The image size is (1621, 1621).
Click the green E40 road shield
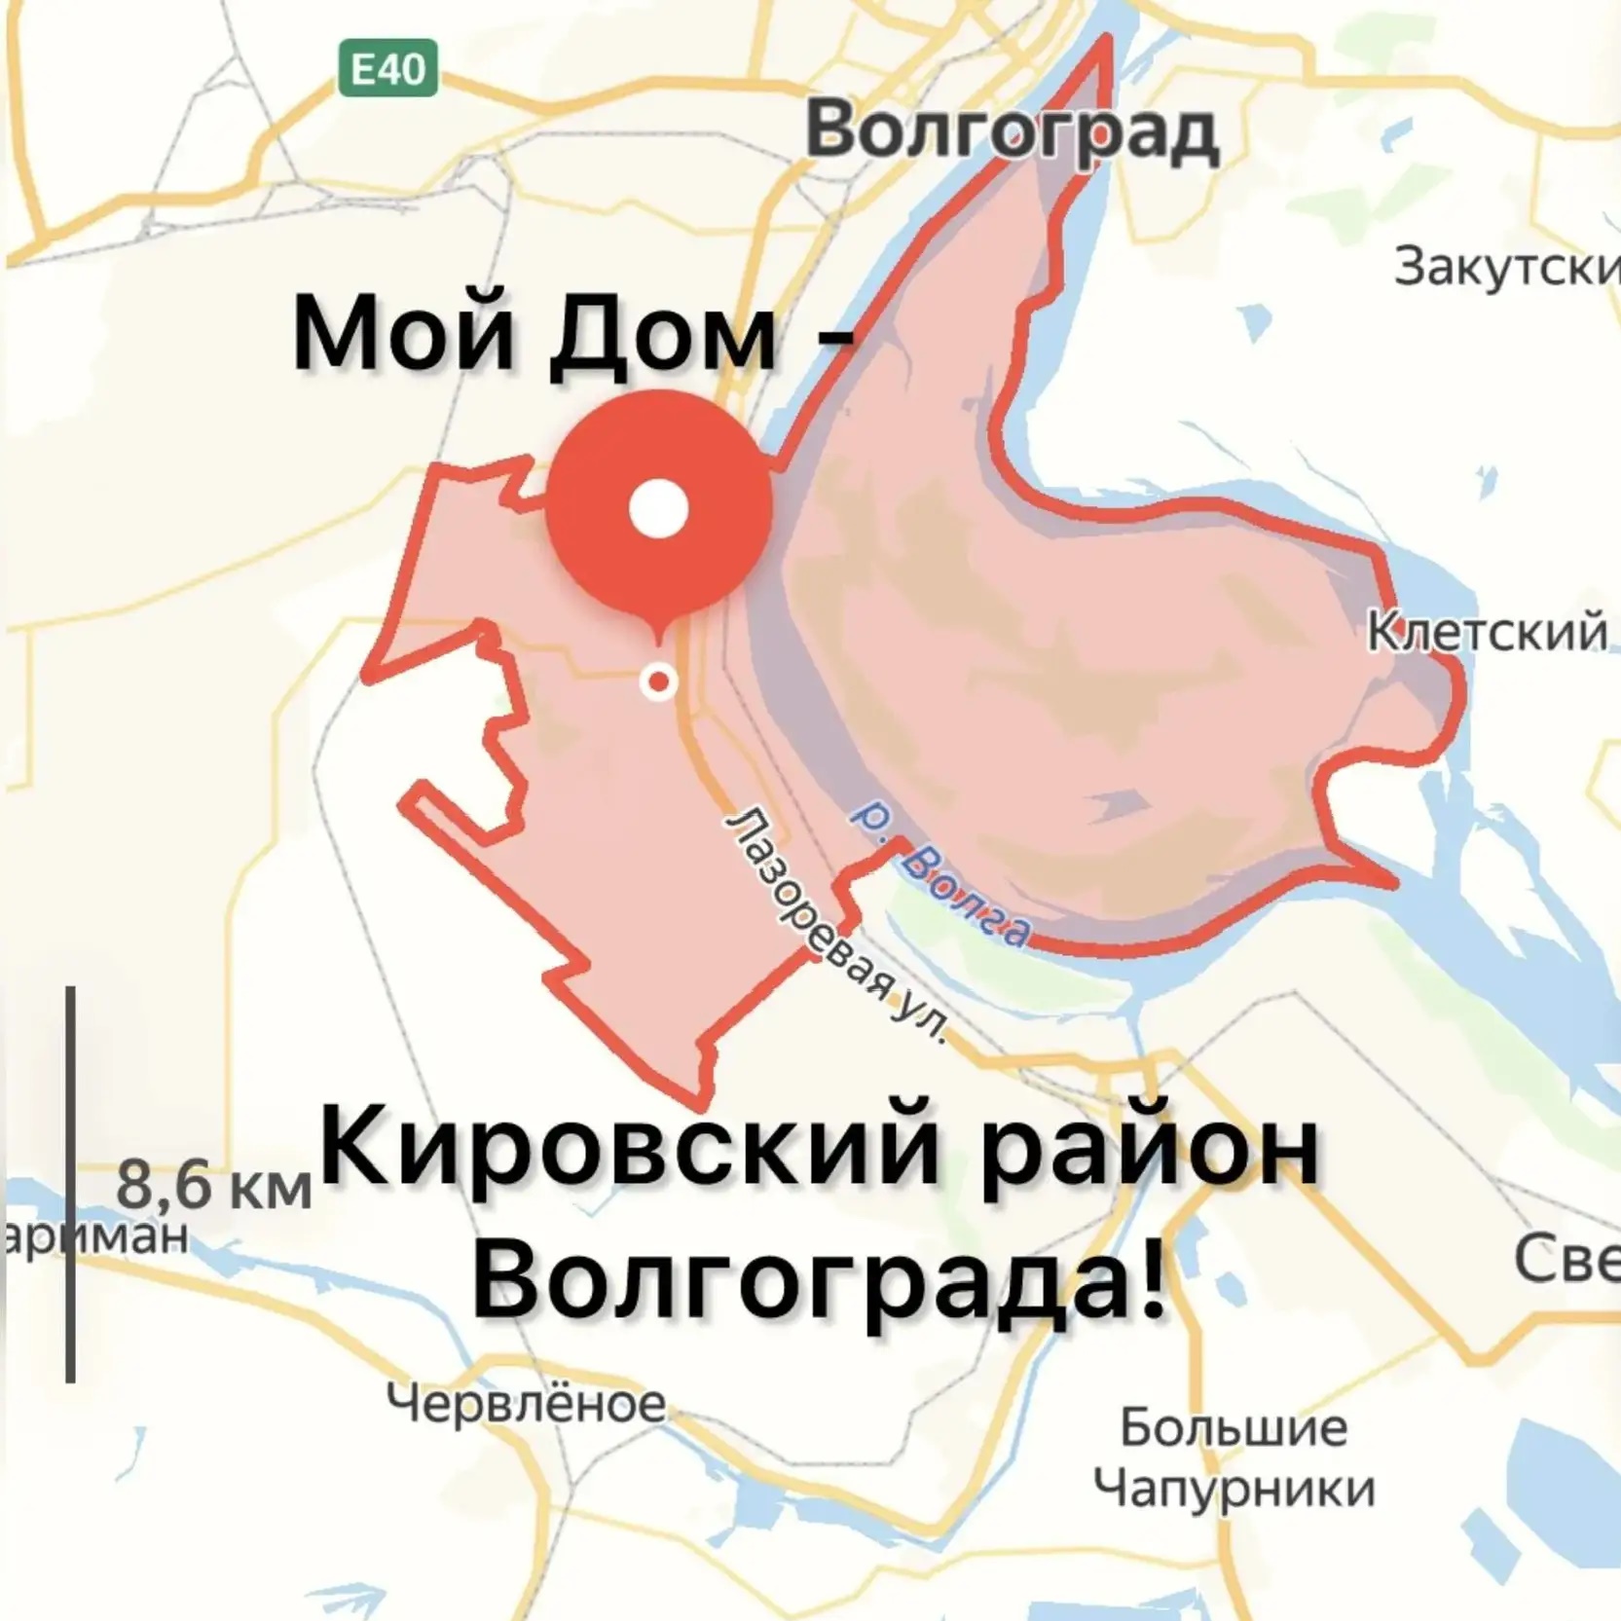[387, 68]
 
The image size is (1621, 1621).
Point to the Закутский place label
[1505, 267]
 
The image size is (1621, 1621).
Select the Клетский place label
[1487, 631]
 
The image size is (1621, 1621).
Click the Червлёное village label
[526, 1403]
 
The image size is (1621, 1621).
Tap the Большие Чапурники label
[1234, 1457]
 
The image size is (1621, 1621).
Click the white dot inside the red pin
[659, 508]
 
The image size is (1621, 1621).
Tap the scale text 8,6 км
[213, 1185]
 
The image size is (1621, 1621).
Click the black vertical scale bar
[71, 1183]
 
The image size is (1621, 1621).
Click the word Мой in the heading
[402, 334]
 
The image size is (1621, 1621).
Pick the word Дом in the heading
[662, 336]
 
